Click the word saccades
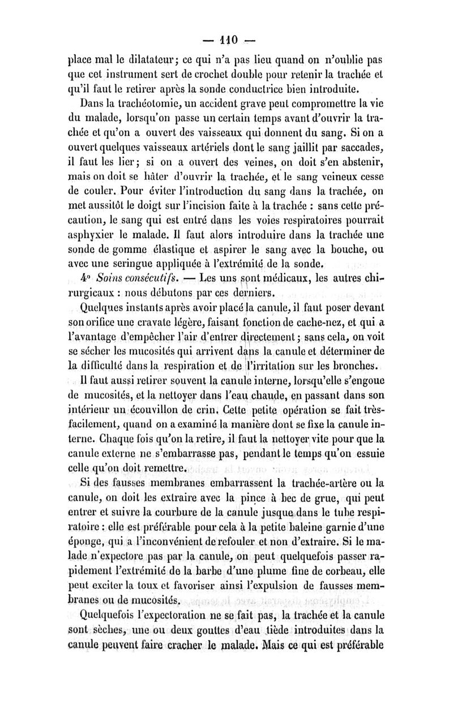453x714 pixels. tap(360, 134)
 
